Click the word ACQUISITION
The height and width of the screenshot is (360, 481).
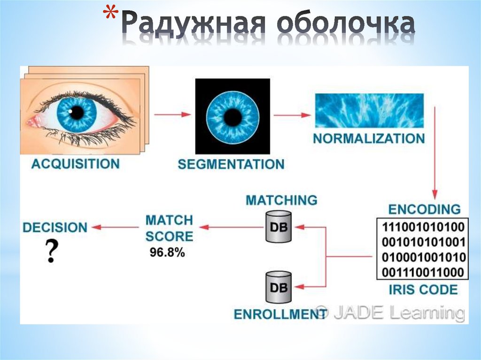coord(75,164)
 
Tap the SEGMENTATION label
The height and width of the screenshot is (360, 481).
coord(231,164)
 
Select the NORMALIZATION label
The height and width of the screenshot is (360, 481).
coord(369,139)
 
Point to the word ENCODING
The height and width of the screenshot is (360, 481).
coord(424,208)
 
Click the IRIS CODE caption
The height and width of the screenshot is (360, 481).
coord(423,289)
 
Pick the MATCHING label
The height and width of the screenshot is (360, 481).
coord(281,200)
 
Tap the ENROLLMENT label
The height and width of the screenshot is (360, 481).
coord(273,314)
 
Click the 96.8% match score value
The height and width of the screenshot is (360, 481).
coord(167,252)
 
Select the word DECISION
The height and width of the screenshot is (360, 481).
coord(55,228)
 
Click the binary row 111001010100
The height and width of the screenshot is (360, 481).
coord(424,228)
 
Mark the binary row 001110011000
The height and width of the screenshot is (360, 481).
coord(424,272)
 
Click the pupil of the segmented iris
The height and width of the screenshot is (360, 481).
coord(233,117)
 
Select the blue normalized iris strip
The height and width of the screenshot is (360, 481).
coord(369,111)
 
